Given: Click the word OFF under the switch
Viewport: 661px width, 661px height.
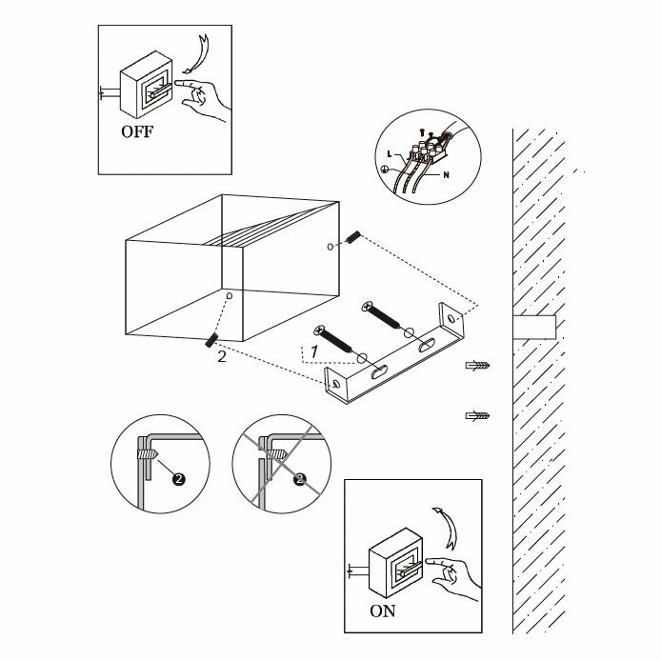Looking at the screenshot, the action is coord(137,131).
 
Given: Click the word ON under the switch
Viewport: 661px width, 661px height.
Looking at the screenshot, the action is coord(383,611).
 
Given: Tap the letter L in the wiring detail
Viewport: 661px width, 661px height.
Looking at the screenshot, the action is coord(390,154).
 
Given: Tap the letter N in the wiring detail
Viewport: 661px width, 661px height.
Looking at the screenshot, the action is coord(447,174).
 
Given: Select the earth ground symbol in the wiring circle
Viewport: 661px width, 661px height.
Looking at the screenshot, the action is coord(385,169).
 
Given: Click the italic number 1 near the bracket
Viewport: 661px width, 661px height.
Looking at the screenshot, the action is coord(314,352).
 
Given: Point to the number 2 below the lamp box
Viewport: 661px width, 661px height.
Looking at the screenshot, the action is coord(222,356).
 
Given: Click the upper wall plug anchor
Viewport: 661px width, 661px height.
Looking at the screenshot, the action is coord(477,365).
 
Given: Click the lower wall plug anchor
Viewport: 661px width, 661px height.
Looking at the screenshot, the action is coord(477,415).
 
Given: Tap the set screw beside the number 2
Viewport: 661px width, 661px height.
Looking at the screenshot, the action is coord(211,340).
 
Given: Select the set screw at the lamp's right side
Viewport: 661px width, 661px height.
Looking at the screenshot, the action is coord(352,237).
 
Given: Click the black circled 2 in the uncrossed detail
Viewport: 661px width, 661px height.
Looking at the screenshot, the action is coord(179,479).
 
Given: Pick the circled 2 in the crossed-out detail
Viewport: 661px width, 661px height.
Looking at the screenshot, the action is coord(300,479).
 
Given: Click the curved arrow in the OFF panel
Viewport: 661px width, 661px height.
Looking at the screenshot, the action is coord(202,53).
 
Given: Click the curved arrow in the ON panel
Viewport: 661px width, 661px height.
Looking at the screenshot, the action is coord(447,527).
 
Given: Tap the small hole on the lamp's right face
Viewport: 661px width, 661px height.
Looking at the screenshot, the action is coord(330,247).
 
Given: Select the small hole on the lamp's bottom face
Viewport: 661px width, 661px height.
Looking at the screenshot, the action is coord(230,296).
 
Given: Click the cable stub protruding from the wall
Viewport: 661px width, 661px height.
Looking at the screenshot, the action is coord(534,327).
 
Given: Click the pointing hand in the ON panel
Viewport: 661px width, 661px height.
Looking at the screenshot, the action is coord(453,577).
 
